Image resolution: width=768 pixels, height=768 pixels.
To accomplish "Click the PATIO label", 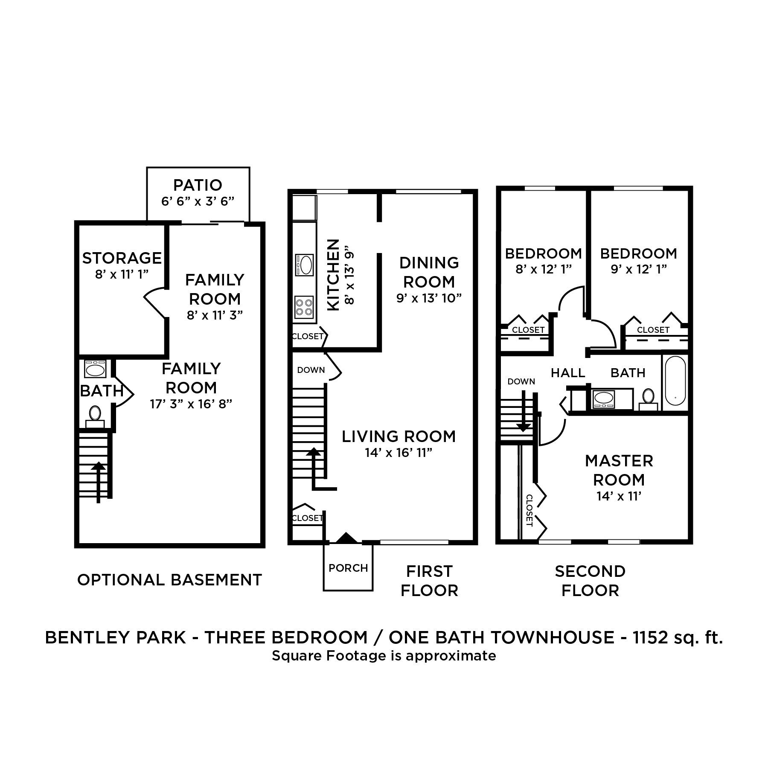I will click(198, 185).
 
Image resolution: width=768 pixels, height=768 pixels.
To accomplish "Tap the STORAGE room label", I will click(122, 258).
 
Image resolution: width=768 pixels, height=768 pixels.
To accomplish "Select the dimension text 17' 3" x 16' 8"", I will click(191, 404).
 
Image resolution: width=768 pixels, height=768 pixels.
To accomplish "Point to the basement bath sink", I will click(95, 369).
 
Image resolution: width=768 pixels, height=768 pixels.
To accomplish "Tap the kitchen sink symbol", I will click(304, 265).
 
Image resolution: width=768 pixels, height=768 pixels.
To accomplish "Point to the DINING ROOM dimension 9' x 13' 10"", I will click(429, 298).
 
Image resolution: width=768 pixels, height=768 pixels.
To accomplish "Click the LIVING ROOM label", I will click(399, 436).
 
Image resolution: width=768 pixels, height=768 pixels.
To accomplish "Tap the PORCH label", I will click(348, 568).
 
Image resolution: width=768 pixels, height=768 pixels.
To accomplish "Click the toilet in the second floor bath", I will click(648, 398).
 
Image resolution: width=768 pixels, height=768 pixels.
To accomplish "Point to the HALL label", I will click(568, 373).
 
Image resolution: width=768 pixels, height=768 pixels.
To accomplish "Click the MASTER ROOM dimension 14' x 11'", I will click(619, 496).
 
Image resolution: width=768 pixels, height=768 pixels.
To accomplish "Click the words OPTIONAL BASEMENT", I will click(169, 580).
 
